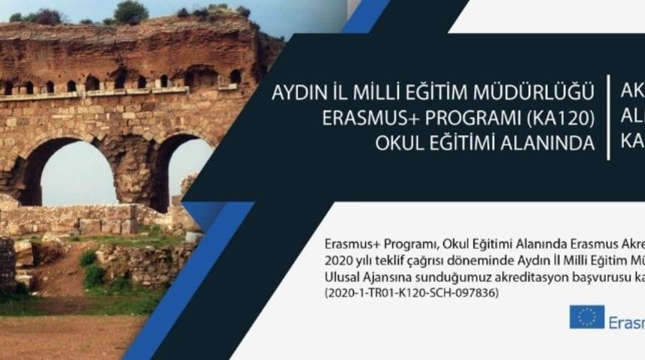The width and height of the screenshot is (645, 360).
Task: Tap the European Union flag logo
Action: pyautogui.click(x=586, y=316)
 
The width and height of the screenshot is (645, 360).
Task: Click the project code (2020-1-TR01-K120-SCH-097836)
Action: pyautogui.click(x=412, y=294)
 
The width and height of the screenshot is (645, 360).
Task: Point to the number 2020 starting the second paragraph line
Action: pyautogui.click(x=340, y=261)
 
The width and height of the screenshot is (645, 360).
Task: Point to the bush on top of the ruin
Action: pyautogui.click(x=130, y=11)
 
